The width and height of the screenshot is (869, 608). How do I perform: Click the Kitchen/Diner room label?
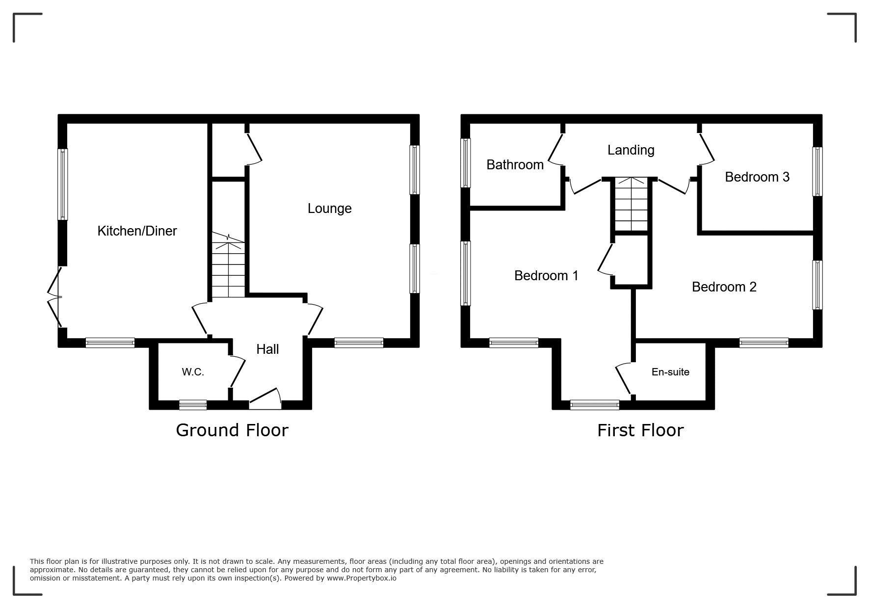coord(137,231)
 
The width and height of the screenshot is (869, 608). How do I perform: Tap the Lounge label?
coord(329,209)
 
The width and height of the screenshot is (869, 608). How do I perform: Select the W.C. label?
coord(193,372)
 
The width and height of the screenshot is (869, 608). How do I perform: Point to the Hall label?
coord(267,349)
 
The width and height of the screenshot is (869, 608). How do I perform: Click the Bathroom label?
coord(515,164)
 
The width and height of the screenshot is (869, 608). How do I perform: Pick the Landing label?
coord(631,150)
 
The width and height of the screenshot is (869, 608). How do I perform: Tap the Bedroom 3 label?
coord(757,177)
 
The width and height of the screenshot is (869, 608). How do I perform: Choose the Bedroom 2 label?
coord(724,287)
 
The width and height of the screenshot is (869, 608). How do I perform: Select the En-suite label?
coord(670,372)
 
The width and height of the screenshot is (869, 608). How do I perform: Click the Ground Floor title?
coord(232,430)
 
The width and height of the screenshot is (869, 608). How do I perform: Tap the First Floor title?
coord(640,430)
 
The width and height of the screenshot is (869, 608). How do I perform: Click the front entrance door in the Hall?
coord(265,399)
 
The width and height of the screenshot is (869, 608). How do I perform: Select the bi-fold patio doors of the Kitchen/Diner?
coord(54,297)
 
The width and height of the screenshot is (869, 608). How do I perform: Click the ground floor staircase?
coord(228,265)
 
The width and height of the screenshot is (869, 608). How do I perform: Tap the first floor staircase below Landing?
coord(632,204)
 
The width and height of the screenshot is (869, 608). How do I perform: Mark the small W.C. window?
coord(193,405)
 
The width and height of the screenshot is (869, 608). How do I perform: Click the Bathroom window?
coord(466,163)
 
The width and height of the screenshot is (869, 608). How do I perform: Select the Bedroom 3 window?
coord(817,172)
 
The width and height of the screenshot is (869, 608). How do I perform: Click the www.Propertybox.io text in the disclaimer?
coord(362,578)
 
